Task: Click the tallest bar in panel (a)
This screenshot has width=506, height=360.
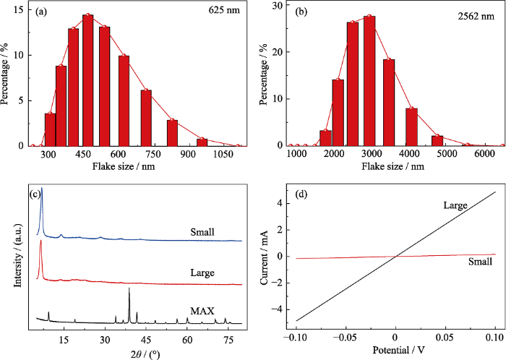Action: click(x=88, y=80)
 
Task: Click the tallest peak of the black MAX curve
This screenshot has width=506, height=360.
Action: click(x=129, y=288)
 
